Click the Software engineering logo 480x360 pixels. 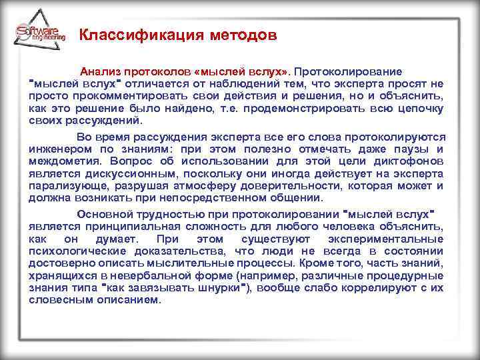tap(39, 34)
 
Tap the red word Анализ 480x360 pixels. tap(98, 71)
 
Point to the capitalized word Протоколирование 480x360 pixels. tap(349, 71)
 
